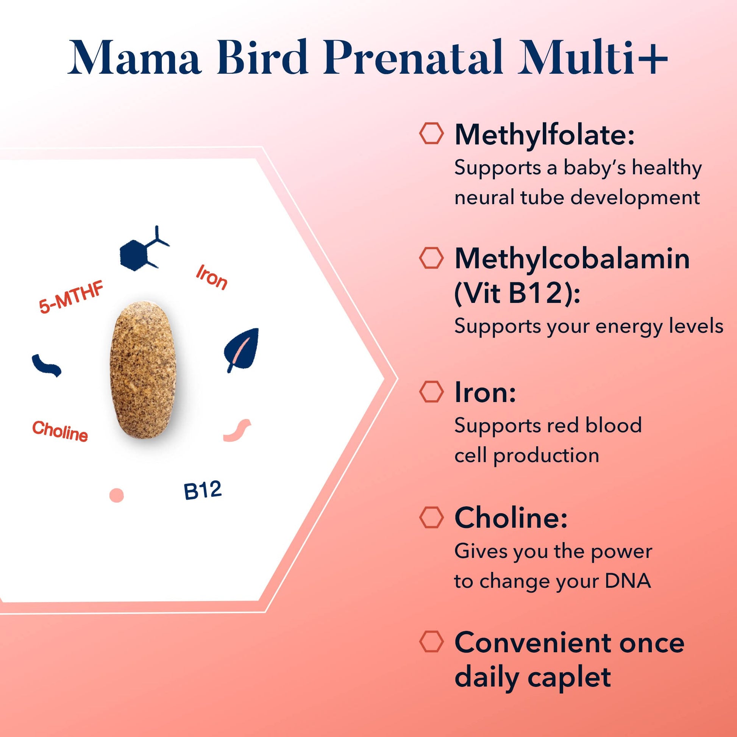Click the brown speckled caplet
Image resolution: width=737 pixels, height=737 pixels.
143,370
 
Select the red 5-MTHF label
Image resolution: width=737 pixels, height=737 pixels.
71,298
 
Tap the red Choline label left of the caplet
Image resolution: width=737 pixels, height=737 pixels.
60,431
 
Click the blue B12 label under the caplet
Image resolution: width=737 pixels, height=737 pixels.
202,490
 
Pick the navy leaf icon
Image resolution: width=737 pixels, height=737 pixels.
242,349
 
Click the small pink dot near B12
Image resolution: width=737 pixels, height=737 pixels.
116,495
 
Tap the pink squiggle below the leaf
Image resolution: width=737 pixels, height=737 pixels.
237,431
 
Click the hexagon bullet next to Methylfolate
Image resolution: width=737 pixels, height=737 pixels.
431,133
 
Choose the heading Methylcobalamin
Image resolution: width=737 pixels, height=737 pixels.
572,259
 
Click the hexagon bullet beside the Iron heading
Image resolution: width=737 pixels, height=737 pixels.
431,391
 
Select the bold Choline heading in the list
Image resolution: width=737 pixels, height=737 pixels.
511,518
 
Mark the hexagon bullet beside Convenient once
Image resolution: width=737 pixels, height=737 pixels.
431,641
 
